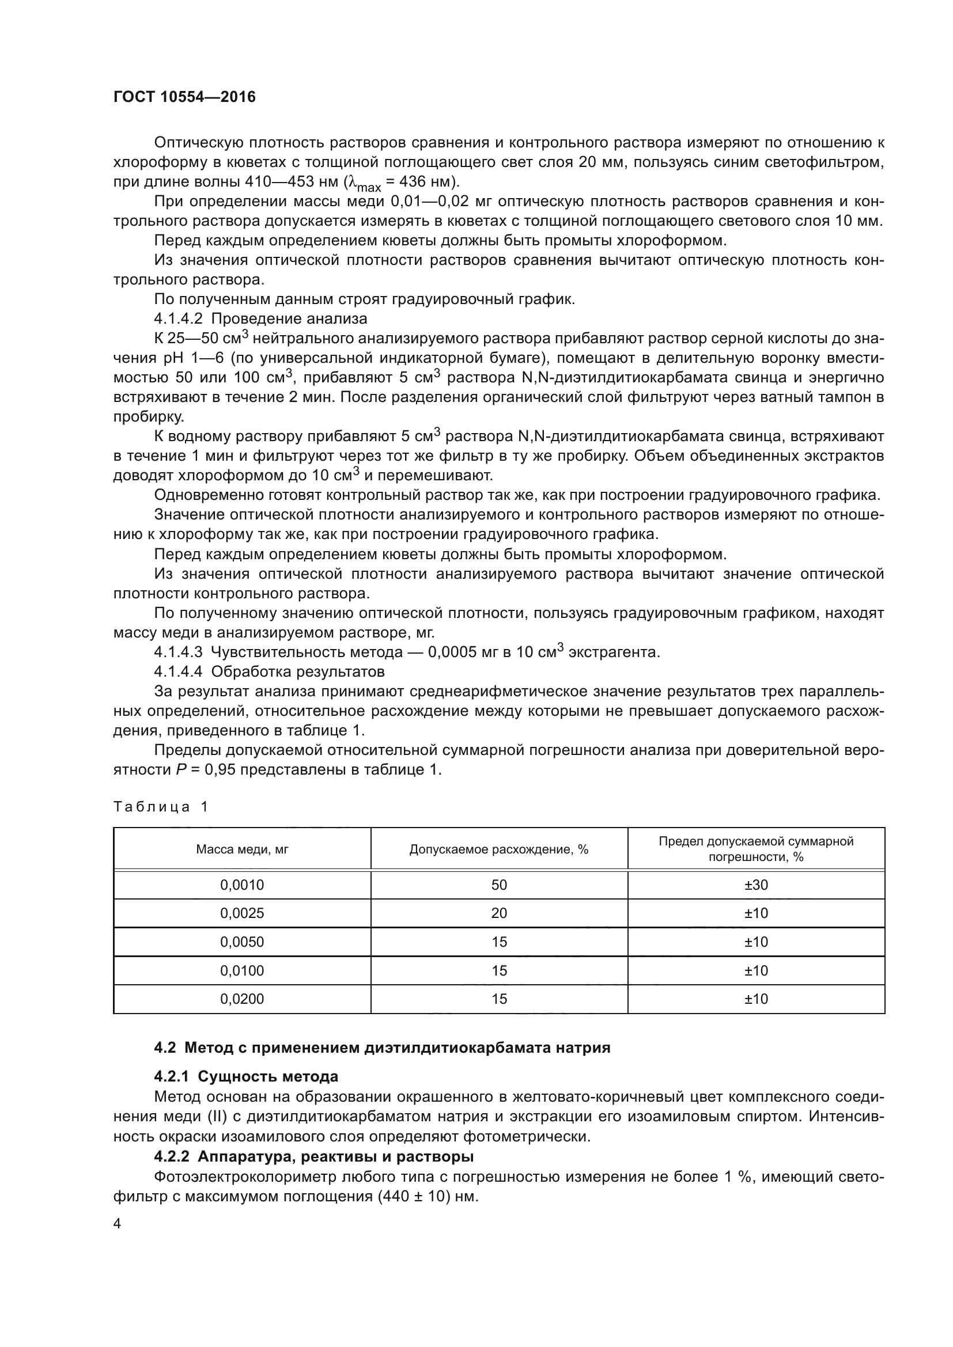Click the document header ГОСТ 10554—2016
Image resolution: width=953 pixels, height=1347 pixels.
(x=184, y=97)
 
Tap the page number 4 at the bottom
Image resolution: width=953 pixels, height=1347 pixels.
(x=118, y=1224)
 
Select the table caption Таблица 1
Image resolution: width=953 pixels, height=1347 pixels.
(x=161, y=807)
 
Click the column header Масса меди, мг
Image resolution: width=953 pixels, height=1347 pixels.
(x=242, y=849)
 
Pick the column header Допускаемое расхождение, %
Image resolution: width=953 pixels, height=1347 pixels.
(x=499, y=849)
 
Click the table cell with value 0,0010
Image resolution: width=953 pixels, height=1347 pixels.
(x=242, y=885)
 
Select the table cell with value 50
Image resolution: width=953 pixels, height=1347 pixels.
(x=499, y=885)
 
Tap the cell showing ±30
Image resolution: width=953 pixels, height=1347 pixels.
(x=756, y=885)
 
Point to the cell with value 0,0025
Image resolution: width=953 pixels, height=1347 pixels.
(x=242, y=913)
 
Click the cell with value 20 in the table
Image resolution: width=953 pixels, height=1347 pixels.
(x=499, y=913)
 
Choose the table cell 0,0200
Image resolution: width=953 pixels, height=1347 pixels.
(x=242, y=999)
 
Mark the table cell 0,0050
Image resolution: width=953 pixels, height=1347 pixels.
(x=242, y=942)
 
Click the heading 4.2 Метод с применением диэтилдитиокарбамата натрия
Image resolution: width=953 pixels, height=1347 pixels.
(x=382, y=1047)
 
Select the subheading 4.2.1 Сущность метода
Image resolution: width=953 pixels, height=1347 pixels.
(x=246, y=1076)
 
